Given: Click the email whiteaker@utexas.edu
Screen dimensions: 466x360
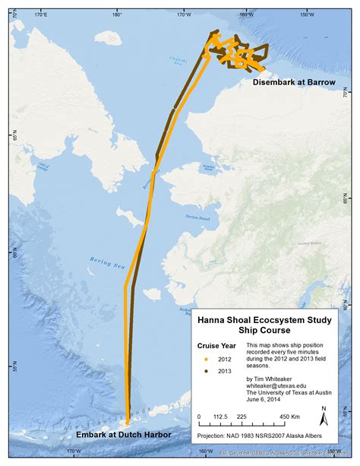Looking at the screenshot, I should (x=281, y=386).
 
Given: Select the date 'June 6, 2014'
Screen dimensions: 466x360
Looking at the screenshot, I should (x=265, y=403).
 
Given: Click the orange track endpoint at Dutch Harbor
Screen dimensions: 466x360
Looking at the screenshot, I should (x=127, y=422).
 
